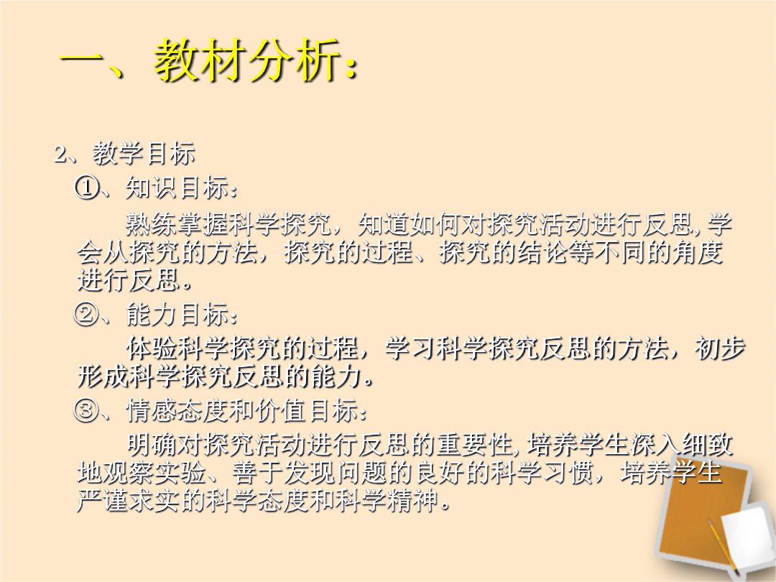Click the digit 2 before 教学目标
[x=60, y=154]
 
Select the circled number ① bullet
[x=86, y=188]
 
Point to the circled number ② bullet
[x=86, y=315]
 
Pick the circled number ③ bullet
[x=86, y=410]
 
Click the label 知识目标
[x=177, y=188]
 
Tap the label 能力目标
[x=177, y=315]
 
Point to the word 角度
[x=698, y=252]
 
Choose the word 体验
[x=152, y=349]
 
